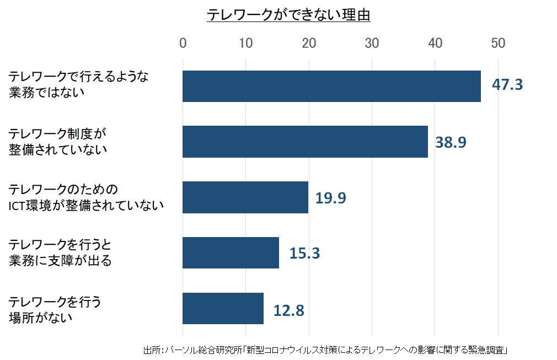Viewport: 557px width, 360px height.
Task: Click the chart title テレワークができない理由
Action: point(288,15)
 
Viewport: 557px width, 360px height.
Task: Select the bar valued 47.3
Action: point(331,86)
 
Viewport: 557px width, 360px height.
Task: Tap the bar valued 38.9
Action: point(305,142)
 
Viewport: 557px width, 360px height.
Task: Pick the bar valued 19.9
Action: point(245,197)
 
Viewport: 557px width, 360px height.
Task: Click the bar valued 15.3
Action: point(231,252)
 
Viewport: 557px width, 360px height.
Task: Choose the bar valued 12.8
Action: point(223,308)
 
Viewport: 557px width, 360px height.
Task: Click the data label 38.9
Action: point(451,142)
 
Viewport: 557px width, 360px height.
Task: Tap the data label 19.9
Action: point(330,198)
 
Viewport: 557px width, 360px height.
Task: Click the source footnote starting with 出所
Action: point(325,350)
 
